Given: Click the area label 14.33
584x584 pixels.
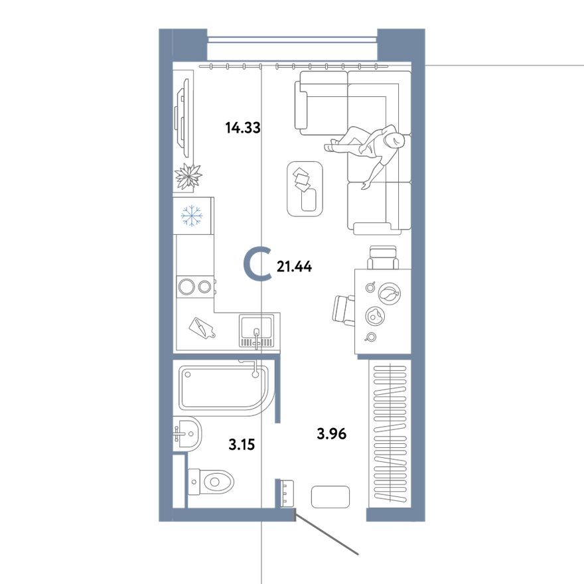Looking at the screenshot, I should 242,128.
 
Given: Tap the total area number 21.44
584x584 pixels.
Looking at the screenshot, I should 295,267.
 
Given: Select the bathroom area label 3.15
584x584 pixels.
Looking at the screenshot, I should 242,445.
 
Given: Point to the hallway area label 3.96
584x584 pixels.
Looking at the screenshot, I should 331,435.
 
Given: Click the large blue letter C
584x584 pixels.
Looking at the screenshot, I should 256,265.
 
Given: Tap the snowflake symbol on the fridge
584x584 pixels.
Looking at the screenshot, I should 192,216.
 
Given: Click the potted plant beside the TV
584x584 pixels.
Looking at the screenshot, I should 188,177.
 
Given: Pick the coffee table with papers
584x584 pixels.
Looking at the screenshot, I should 305,189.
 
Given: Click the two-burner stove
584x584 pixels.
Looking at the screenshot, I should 194,286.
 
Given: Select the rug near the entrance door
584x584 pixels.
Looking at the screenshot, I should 330,496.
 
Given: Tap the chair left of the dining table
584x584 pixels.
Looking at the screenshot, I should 342,309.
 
